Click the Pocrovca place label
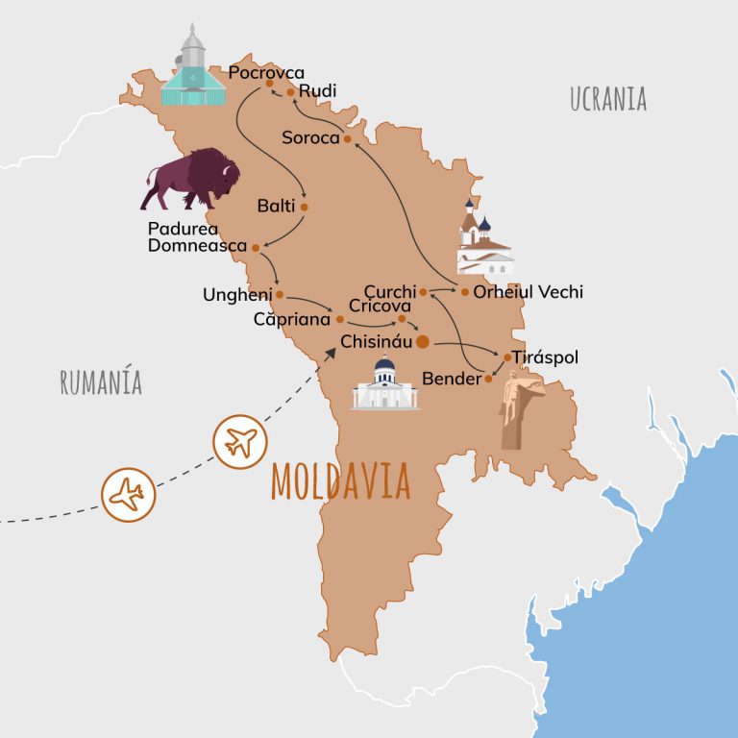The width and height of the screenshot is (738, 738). (268, 72)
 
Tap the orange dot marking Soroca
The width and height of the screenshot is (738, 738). (347, 138)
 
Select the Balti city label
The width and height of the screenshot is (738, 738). (276, 206)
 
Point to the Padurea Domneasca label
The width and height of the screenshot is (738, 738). (196, 237)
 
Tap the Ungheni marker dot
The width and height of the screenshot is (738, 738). (279, 294)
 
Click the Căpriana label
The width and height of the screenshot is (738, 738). (292, 318)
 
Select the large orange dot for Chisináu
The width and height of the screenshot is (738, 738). (422, 341)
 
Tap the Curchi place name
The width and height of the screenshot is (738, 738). (389, 291)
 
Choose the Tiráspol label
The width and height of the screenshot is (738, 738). (546, 357)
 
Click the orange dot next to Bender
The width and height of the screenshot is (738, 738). (488, 379)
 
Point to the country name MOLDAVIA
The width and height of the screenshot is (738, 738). (341, 480)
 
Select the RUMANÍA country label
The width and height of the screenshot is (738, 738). (100, 381)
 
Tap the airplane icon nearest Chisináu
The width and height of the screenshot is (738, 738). (238, 442)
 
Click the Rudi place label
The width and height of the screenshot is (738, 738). (317, 91)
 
